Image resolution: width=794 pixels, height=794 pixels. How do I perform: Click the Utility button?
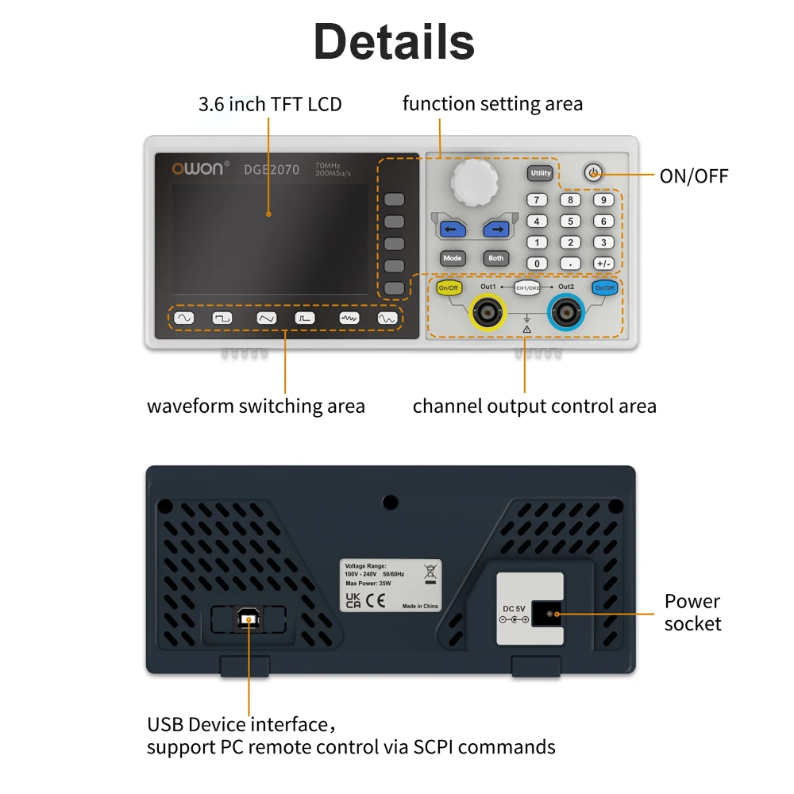click(540, 173)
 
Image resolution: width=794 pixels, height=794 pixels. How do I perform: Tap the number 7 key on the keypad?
click(537, 200)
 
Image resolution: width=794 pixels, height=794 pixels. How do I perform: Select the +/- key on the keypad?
click(603, 264)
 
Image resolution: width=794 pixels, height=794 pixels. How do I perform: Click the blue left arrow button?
click(453, 229)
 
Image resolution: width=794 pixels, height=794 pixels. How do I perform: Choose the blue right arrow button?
click(496, 229)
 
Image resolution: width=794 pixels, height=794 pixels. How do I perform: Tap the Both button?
click(495, 258)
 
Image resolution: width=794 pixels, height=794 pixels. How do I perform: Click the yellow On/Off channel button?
click(449, 288)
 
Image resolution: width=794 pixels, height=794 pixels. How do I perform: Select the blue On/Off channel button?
click(604, 288)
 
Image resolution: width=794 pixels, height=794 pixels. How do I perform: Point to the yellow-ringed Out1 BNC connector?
click(488, 312)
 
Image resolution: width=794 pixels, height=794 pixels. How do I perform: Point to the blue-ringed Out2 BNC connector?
click(566, 312)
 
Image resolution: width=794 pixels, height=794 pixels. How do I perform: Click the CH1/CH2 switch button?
click(527, 287)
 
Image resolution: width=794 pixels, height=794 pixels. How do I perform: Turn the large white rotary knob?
click(475, 181)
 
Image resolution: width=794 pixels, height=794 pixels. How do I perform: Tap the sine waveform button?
click(184, 318)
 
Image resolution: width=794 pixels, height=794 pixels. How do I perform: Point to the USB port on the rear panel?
click(249, 619)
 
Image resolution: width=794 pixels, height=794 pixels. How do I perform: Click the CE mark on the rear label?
click(376, 600)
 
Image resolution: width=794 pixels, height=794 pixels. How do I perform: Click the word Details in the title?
click(394, 41)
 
